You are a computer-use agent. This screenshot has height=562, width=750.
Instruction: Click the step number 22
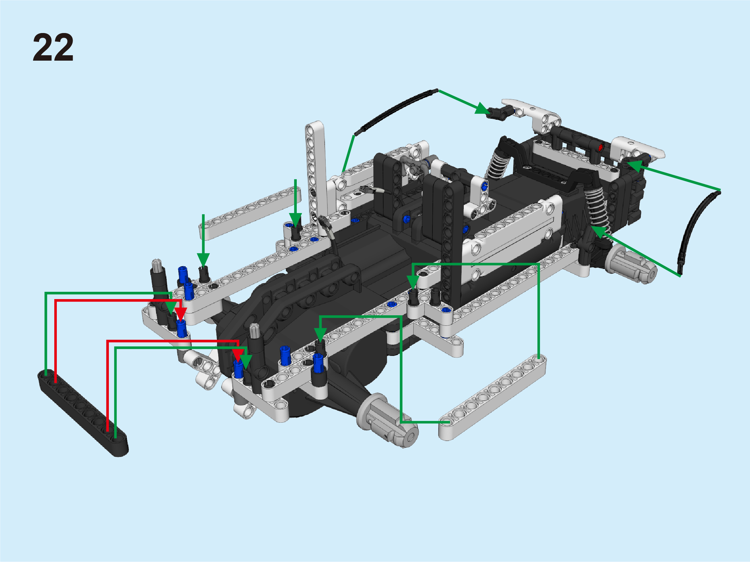53,48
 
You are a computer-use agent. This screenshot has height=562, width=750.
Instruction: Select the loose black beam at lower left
83,413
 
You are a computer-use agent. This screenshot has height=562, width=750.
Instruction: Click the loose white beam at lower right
492,398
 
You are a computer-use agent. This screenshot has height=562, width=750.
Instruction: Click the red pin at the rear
601,147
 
